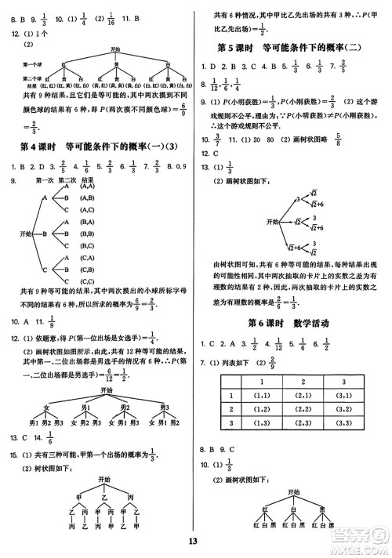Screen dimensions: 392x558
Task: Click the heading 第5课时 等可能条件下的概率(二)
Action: tap(292, 49)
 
